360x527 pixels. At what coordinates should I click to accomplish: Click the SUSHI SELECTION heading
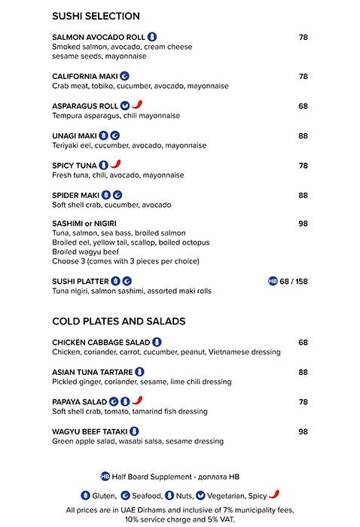pos(96,16)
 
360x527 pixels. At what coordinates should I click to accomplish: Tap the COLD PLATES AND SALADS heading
pos(118,321)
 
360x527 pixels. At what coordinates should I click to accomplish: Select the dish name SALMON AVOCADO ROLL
pos(98,37)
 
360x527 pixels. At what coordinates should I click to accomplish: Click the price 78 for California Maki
pos(303,76)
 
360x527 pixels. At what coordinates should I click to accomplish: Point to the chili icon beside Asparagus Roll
pos(137,105)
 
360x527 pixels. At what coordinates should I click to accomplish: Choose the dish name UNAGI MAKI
pos(74,136)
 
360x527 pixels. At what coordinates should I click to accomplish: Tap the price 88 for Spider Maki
pos(303,195)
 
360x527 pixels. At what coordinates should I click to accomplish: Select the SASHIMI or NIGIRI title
pos(84,224)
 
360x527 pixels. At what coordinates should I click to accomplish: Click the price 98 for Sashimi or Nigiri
pos(303,224)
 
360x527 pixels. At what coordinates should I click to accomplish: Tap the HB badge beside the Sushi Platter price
pos(273,282)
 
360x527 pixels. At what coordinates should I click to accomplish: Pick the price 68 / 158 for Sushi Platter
pos(294,282)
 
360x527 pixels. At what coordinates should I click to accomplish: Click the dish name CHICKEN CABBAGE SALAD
pos(101,343)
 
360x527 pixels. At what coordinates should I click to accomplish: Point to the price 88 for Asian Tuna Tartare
pos(303,372)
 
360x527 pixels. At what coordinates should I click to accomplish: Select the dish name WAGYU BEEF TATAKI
pos(90,431)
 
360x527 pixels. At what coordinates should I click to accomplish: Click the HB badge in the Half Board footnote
pos(105,476)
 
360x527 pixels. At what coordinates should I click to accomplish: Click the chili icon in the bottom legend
pos(274,495)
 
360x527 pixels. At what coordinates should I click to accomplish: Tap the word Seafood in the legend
pos(147,495)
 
